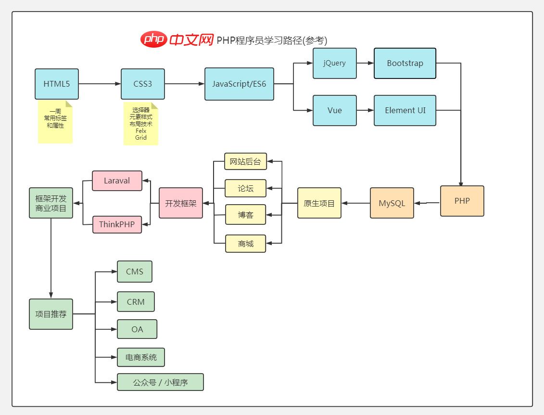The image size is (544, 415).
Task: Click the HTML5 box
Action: click(57, 84)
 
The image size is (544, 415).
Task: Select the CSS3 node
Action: click(142, 84)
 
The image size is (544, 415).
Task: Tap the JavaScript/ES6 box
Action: click(239, 84)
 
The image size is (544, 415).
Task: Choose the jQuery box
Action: click(334, 63)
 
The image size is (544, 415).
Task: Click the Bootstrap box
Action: click(405, 63)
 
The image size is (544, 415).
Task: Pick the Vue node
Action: click(334, 110)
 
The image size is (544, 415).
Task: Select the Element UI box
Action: click(405, 110)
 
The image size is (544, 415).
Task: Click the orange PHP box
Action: click(462, 201)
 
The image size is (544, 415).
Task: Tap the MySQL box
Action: click(392, 203)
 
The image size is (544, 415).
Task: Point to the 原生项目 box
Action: click(319, 203)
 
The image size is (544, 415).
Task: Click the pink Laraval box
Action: click(117, 181)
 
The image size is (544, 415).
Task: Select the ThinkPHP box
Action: click(117, 224)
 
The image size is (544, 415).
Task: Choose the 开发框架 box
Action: click(180, 203)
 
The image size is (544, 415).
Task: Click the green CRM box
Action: click(136, 302)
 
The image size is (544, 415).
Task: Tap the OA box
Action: click(137, 329)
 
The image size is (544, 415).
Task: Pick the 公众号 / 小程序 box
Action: click(160, 382)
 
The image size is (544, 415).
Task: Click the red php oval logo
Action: click(153, 39)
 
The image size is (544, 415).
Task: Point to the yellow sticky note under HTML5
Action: click(55, 122)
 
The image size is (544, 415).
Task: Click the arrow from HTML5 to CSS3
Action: click(100, 84)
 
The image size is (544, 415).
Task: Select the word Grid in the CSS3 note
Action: click(140, 138)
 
